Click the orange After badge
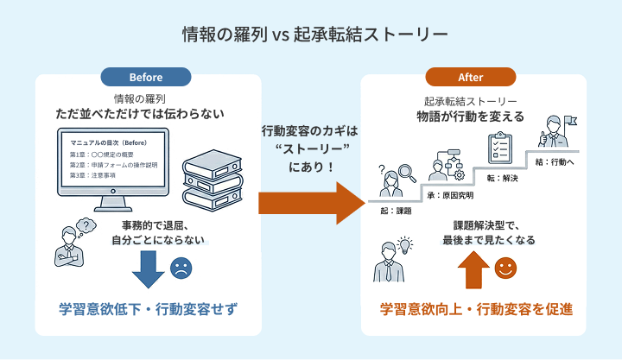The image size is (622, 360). (471, 77)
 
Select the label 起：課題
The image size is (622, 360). (396, 210)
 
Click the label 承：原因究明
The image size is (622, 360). (449, 196)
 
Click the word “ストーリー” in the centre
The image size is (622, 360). (309, 148)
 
